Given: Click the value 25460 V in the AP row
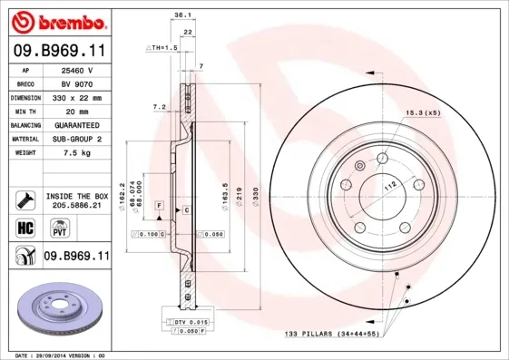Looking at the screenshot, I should pyautogui.click(x=77, y=70).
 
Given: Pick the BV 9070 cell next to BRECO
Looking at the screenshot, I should pyautogui.click(x=77, y=83).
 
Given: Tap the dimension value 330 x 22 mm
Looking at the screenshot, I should pyautogui.click(x=77, y=96).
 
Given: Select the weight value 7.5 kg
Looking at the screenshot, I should pyautogui.click(x=77, y=153).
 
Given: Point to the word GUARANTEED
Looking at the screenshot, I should pyautogui.click(x=77, y=124).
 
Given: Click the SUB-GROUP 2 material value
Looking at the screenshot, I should pyautogui.click(x=77, y=139).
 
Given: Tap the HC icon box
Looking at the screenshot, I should pyautogui.click(x=24, y=227).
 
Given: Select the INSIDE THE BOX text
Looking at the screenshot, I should pyautogui.click(x=76, y=196).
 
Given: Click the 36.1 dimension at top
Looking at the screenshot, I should pyautogui.click(x=181, y=15).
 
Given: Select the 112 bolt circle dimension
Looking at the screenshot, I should pyautogui.click(x=391, y=185).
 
